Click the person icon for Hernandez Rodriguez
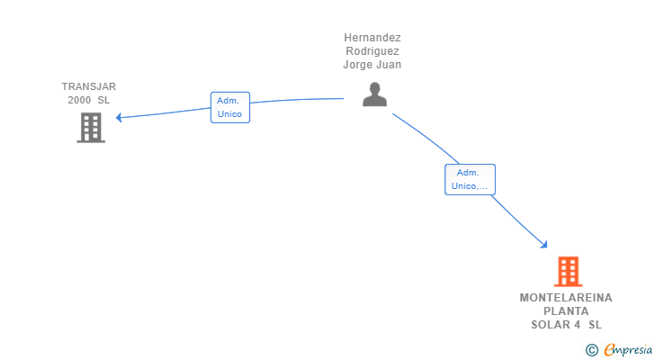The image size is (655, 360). tap(374, 94)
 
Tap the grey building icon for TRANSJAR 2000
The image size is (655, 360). tap(90, 128)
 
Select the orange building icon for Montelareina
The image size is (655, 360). tap(567, 271)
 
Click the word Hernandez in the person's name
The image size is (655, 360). tap(372, 38)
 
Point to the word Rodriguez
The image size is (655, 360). tap(372, 51)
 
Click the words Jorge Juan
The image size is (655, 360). tap(372, 65)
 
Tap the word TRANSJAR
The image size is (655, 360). tap(89, 86)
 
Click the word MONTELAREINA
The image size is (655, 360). tap(566, 298)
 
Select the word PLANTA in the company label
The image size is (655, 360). tap(566, 311)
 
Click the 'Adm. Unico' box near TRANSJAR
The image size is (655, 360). tap(229, 107)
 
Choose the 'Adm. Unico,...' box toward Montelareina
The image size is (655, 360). tap(470, 179)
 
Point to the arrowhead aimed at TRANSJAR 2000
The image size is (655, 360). tap(118, 117)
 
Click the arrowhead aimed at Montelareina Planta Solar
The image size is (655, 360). tap(544, 245)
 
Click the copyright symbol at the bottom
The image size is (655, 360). tap(591, 349)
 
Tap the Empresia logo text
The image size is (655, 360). tap(626, 349)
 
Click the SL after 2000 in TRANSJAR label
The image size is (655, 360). tap(104, 100)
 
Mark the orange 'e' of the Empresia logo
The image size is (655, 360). tap(609, 349)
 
